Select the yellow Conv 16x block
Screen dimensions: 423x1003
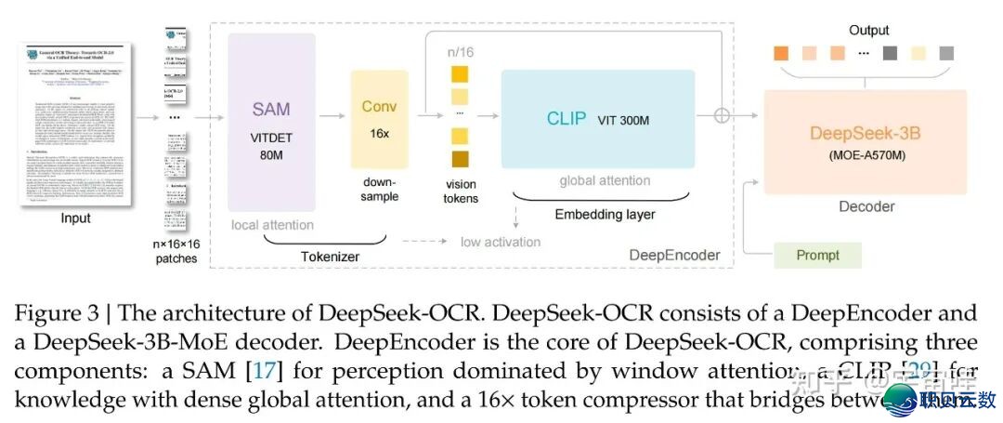[x=379, y=119]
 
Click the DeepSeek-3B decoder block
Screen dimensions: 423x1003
[x=865, y=140]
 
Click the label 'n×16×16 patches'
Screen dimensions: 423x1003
[x=176, y=250]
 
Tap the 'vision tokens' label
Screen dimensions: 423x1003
[x=461, y=191]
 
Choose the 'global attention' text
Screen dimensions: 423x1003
[x=605, y=180]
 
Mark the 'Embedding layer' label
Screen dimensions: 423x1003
[x=605, y=215]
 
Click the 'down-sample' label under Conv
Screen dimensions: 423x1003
[x=379, y=190]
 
